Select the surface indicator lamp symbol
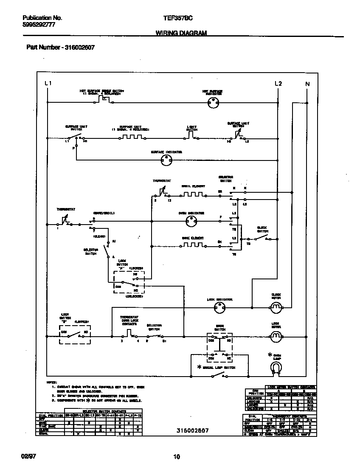click(166, 160)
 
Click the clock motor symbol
click(276, 307)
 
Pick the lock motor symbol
click(276, 337)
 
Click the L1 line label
click(48, 84)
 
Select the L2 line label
click(278, 84)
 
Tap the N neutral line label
click(308, 84)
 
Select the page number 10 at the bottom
click(177, 457)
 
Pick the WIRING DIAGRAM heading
click(181, 33)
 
